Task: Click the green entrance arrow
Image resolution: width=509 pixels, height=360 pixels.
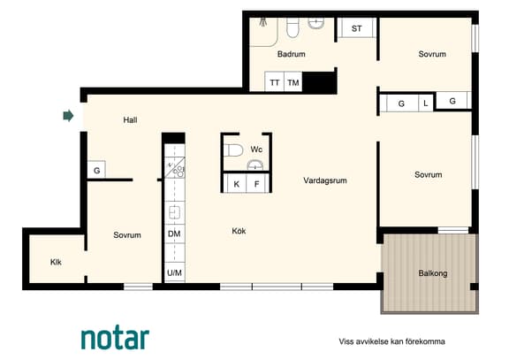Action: (x=68, y=116)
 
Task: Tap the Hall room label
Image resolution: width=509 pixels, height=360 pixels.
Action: (x=130, y=120)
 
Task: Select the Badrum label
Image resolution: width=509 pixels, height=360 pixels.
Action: (x=292, y=54)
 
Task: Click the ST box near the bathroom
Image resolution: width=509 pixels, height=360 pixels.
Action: (x=356, y=28)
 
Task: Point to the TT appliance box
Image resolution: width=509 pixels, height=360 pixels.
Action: (x=275, y=81)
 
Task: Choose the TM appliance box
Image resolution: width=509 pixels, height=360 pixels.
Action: (x=293, y=81)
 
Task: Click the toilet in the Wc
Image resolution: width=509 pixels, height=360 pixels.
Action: (x=234, y=150)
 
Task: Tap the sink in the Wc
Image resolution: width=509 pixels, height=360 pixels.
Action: (x=255, y=165)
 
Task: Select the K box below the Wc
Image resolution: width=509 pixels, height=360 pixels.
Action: (x=236, y=184)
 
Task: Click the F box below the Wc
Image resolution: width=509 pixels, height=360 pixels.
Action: (x=257, y=184)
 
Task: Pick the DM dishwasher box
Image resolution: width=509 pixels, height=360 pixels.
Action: (x=174, y=234)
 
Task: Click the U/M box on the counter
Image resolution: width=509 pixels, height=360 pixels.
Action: (x=174, y=272)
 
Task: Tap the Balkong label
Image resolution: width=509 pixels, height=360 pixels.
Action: (x=433, y=273)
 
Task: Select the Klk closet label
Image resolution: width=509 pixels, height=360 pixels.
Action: (x=56, y=262)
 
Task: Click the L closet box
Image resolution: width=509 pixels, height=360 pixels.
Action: (x=426, y=103)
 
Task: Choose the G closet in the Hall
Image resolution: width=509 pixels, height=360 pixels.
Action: (x=96, y=170)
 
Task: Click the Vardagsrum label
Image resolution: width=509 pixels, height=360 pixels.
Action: (x=325, y=180)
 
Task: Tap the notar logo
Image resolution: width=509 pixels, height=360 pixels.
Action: (x=115, y=337)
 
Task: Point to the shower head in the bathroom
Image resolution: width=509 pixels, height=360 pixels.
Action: (x=262, y=22)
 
